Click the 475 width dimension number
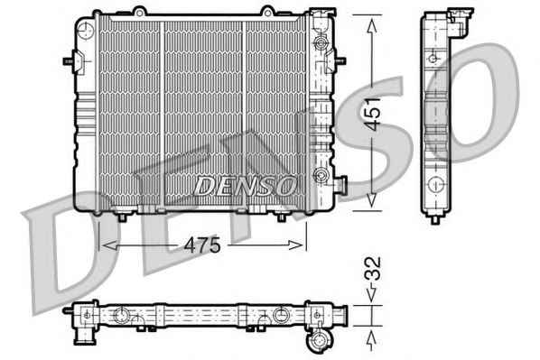(202, 245)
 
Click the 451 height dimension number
(373, 115)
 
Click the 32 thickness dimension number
(373, 269)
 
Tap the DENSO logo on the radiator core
(246, 186)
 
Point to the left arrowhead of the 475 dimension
(109, 245)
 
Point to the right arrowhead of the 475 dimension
(295, 245)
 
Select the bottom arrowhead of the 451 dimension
(372, 200)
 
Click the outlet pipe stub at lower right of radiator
(340, 184)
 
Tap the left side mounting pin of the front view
(69, 61)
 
